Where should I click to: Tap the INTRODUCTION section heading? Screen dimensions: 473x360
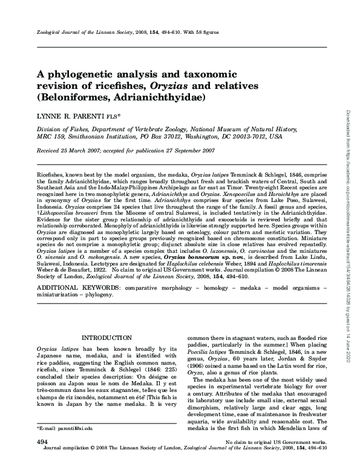(x=106, y=337)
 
